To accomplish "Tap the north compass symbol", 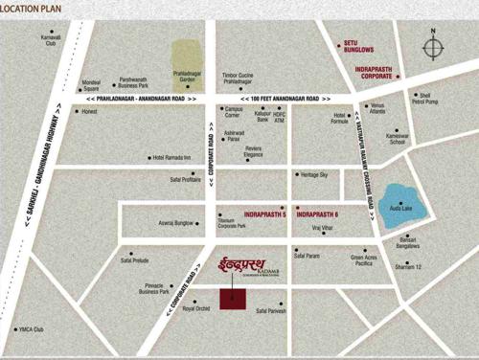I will coord(433,48).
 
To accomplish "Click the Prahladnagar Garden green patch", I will coord(188,56).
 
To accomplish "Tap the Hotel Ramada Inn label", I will coord(173,158).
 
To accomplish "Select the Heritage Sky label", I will coord(314,175).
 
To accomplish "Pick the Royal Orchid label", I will coord(195,309).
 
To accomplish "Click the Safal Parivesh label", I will coord(273,310).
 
